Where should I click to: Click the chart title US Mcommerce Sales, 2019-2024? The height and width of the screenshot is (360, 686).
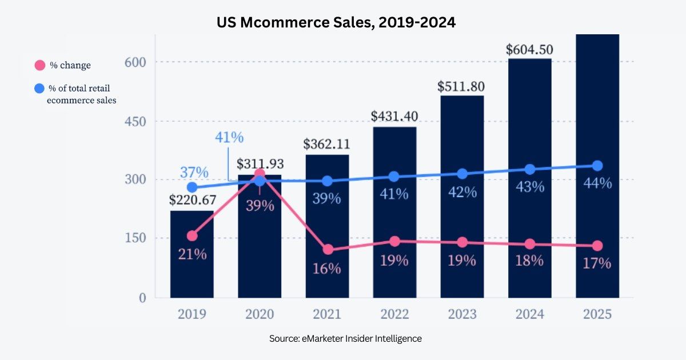pyautogui.click(x=336, y=22)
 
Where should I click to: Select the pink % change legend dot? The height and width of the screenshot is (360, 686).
pyautogui.click(x=40, y=65)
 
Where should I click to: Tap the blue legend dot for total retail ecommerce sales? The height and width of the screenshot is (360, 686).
pyautogui.click(x=39, y=89)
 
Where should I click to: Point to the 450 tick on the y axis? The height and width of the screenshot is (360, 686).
pyautogui.click(x=135, y=122)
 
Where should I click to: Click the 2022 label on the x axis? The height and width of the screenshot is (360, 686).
pyautogui.click(x=394, y=314)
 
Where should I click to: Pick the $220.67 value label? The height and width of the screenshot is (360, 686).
pyautogui.click(x=193, y=200)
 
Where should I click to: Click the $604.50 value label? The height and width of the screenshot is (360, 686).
pyautogui.click(x=529, y=50)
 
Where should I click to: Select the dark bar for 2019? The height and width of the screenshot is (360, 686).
pyautogui.click(x=192, y=254)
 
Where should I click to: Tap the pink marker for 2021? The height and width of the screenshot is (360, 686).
pyautogui.click(x=328, y=250)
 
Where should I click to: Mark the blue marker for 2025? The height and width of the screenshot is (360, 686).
pyautogui.click(x=597, y=166)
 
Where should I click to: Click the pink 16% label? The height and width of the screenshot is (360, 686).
pyautogui.click(x=326, y=269)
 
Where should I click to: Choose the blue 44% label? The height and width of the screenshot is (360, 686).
pyautogui.click(x=597, y=183)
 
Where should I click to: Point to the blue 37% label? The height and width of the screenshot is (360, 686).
pyautogui.click(x=194, y=173)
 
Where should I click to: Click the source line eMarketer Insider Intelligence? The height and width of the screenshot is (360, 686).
pyautogui.click(x=345, y=338)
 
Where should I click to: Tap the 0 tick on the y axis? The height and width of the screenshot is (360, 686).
pyautogui.click(x=142, y=298)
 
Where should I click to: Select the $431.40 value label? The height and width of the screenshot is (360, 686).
pyautogui.click(x=394, y=117)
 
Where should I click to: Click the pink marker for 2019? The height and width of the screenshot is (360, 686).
pyautogui.click(x=192, y=235)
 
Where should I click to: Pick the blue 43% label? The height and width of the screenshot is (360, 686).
pyautogui.click(x=530, y=187)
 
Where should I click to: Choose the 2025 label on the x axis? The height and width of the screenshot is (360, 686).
pyautogui.click(x=597, y=314)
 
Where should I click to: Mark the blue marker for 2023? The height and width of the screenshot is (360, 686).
pyautogui.click(x=462, y=174)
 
